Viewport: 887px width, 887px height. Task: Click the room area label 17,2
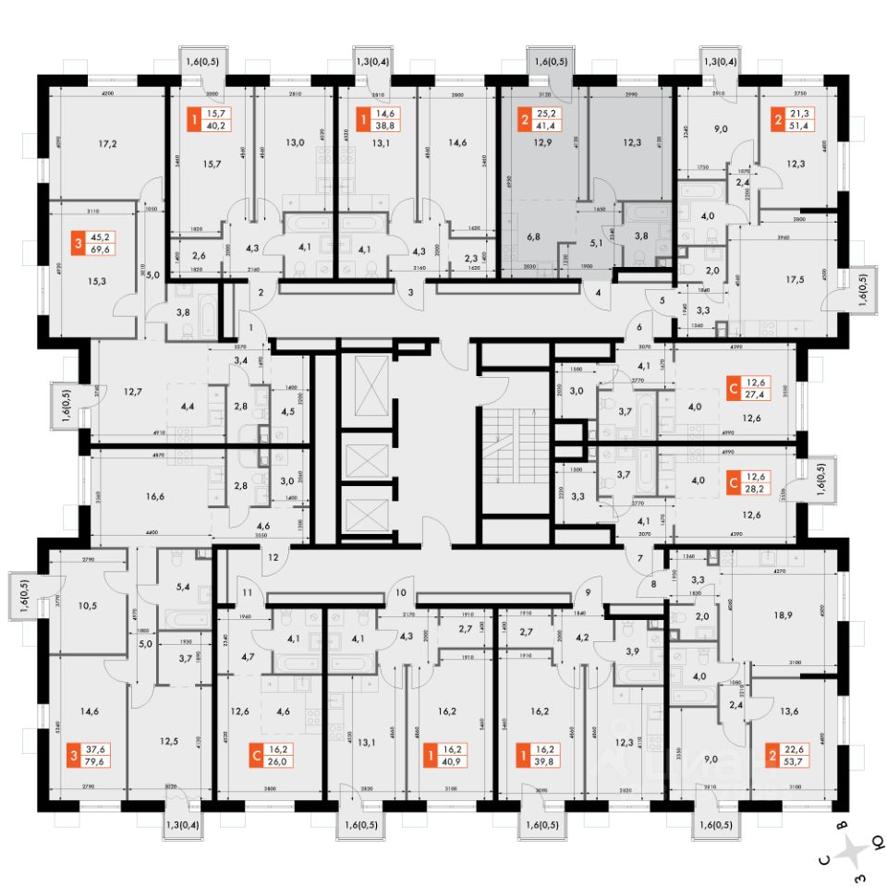pos(107,144)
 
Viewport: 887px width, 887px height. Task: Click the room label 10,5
pos(89,606)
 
